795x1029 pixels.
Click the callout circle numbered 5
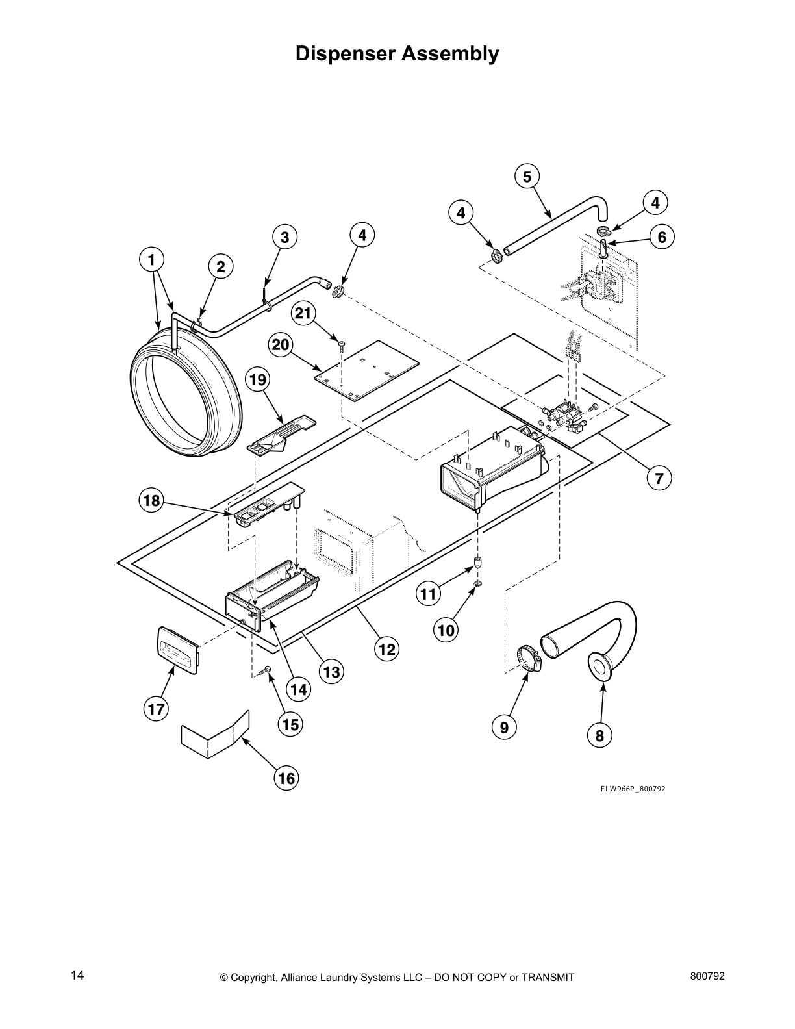pos(527,176)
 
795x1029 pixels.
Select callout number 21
pos(303,314)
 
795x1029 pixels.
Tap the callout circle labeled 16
pos(286,778)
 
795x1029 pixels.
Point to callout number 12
pos(386,648)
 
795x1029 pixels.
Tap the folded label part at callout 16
pos(215,733)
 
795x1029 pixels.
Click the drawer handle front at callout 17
pos(177,648)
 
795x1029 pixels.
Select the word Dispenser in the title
pos(345,53)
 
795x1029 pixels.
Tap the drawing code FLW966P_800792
pos(632,789)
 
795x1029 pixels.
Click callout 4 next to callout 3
pos(362,235)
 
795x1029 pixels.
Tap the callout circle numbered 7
pos(659,479)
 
